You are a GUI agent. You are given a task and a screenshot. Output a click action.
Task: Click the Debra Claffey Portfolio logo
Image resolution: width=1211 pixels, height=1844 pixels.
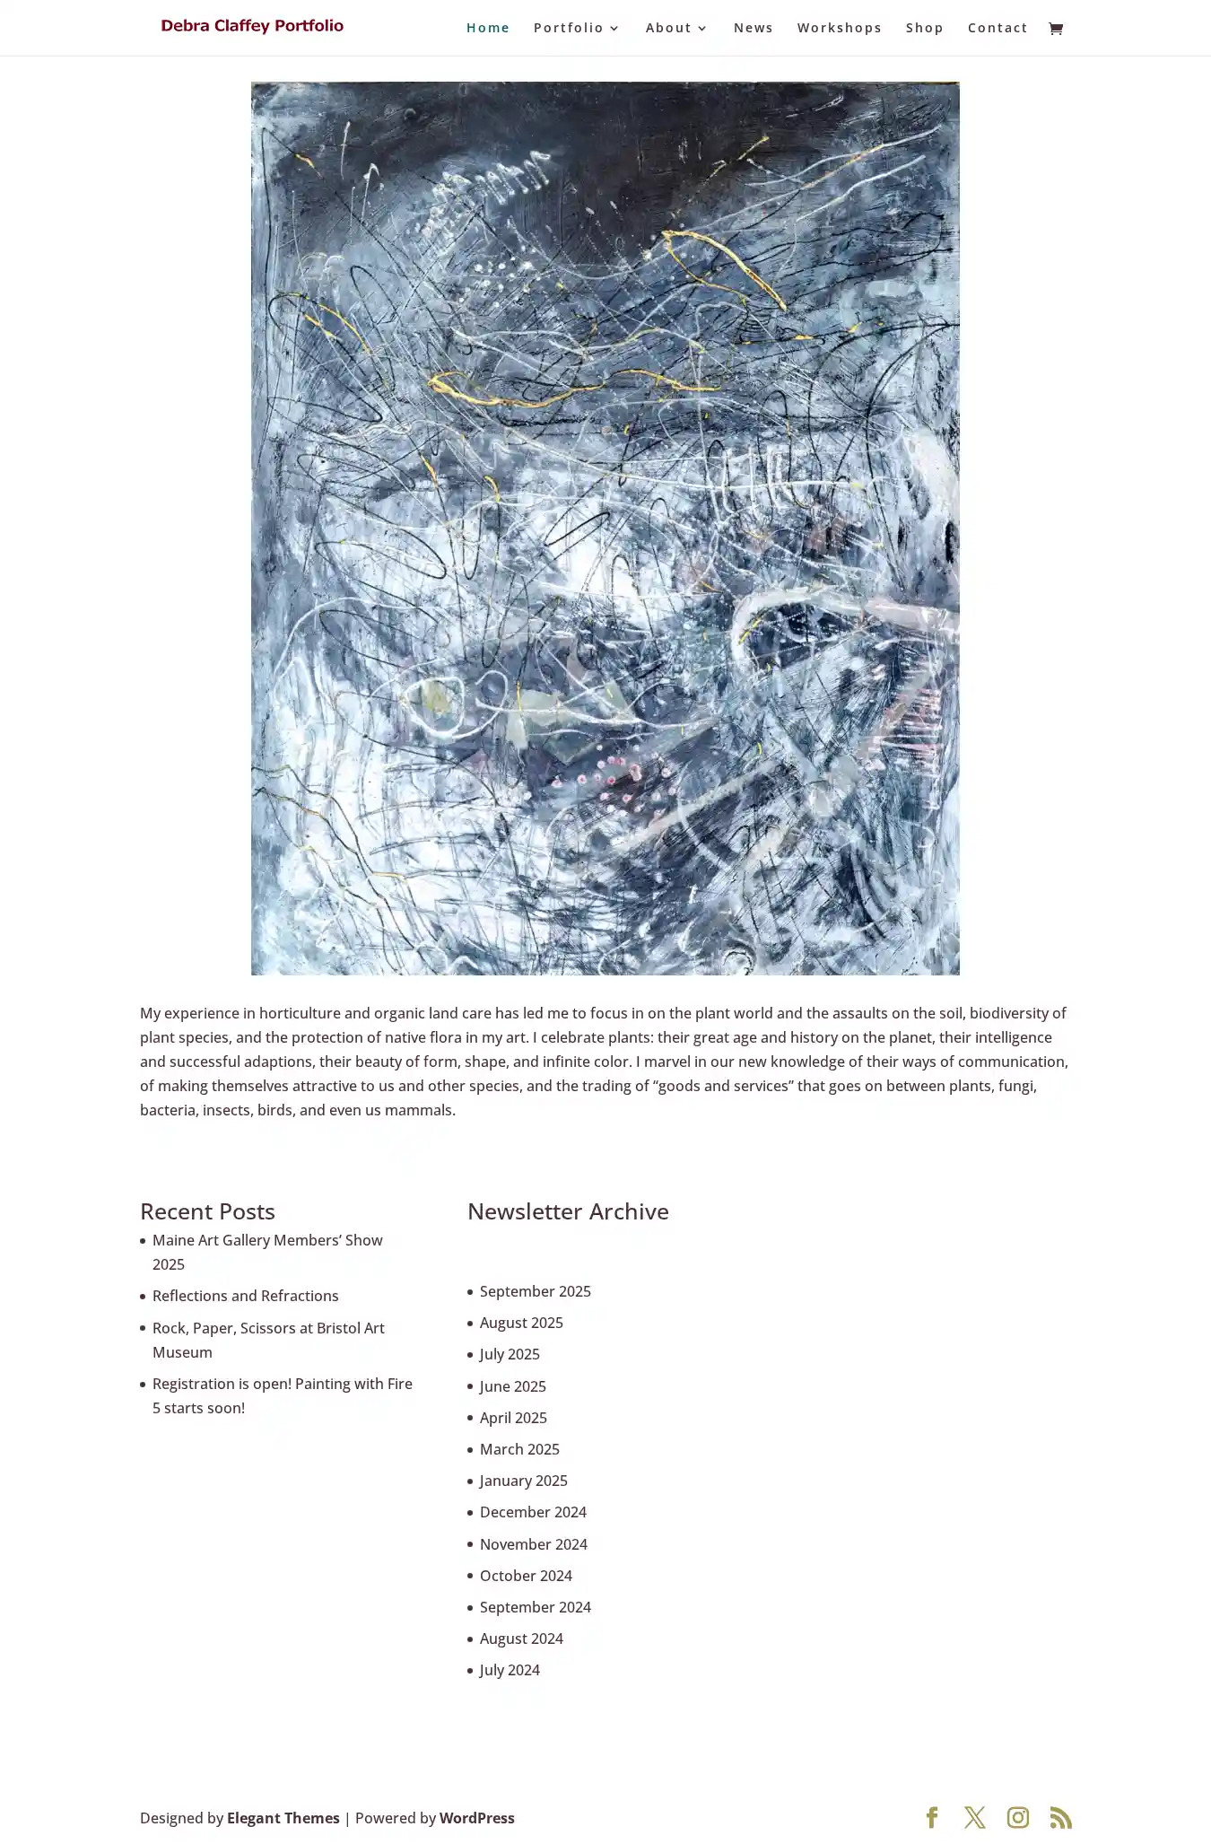coord(252,26)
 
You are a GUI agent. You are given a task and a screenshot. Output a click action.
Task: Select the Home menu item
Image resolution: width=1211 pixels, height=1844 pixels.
coord(487,28)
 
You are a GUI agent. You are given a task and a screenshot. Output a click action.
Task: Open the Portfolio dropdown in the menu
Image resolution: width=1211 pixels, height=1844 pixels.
coord(576,28)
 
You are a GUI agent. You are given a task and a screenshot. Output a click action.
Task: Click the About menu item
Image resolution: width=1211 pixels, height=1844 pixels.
coord(676,28)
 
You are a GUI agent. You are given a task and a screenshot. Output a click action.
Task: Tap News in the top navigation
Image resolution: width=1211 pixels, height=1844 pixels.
coord(753,28)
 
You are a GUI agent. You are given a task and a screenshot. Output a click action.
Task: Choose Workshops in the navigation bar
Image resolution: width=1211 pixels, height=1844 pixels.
coord(839,28)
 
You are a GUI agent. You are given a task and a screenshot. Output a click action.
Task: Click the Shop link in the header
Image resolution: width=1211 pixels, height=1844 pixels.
coord(924,28)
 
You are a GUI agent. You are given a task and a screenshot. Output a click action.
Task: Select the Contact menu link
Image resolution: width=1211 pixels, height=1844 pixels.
coord(997,28)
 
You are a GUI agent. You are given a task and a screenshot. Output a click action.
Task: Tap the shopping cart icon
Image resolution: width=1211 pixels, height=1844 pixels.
coord(1056,29)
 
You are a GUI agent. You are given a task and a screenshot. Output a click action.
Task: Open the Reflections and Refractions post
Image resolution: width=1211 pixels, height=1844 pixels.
coord(245,1296)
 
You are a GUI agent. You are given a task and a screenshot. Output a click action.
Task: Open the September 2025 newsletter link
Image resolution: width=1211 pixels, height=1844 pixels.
coord(535,1291)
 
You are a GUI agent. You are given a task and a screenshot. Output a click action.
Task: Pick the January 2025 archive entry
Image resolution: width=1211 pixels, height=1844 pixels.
coord(523,1481)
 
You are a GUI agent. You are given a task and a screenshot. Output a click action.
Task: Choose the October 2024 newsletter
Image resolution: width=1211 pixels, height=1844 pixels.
coord(526,1576)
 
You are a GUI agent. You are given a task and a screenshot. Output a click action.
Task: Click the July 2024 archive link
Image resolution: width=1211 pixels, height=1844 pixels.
coord(510,1670)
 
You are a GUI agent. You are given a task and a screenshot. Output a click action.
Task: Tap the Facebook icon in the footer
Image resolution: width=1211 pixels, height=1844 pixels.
coord(931,1818)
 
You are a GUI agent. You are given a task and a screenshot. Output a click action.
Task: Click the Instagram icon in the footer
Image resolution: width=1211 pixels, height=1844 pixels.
coord(1017,1818)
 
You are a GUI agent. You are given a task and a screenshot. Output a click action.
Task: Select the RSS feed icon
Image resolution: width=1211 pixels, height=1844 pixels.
coord(1060,1818)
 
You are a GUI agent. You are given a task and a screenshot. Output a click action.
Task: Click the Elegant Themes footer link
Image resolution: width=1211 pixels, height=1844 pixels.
coord(283,1818)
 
